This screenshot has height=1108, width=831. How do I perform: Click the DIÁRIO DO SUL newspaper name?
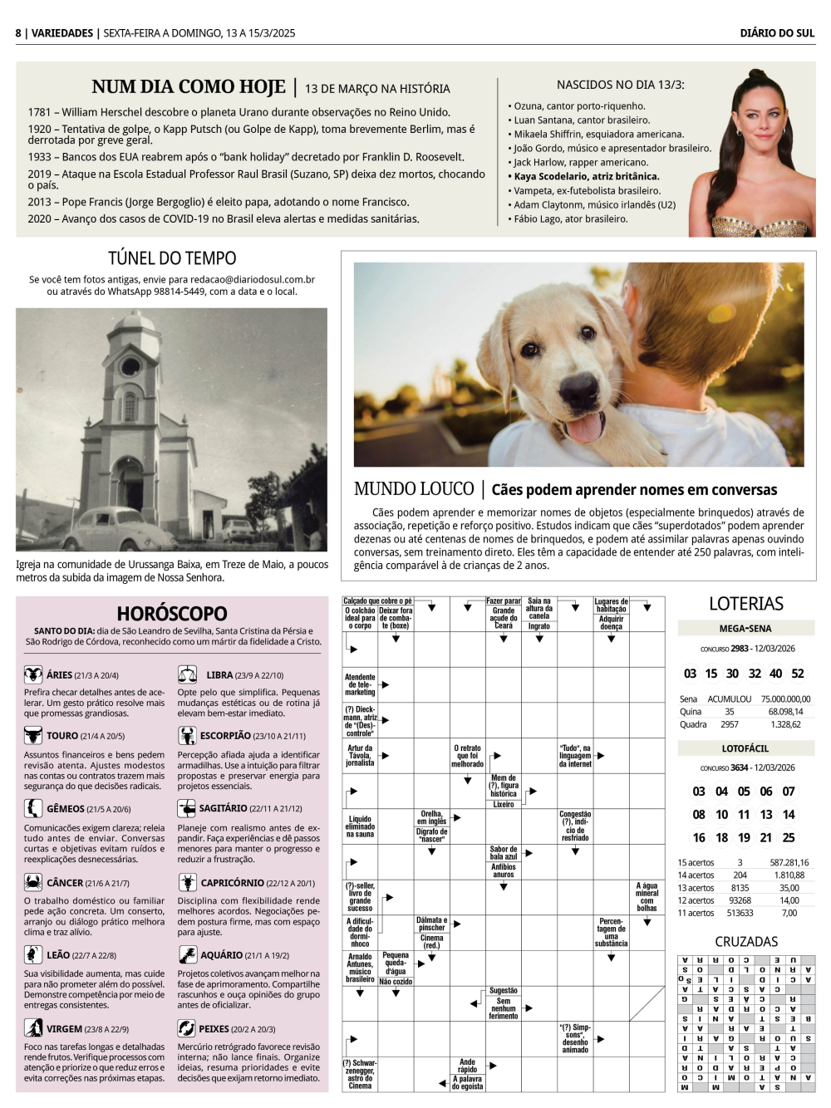[x=777, y=33]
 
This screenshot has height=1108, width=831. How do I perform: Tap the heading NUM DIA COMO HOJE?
[x=189, y=87]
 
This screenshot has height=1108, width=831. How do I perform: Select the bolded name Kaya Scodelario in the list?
[x=586, y=176]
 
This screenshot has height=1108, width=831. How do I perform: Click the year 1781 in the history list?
[x=39, y=112]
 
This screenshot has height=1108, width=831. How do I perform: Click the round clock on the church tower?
[x=130, y=366]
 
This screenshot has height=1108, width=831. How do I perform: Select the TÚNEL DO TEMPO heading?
[x=172, y=258]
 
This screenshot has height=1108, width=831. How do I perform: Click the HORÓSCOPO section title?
[x=172, y=614]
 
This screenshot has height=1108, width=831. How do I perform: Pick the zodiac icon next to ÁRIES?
[x=33, y=674]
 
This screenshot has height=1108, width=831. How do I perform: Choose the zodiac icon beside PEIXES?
[x=187, y=1028]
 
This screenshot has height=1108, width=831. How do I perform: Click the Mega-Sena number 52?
[x=798, y=674]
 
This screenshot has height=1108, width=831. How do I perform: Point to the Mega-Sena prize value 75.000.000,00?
[x=785, y=699]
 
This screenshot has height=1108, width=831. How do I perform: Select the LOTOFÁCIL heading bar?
[x=745, y=748]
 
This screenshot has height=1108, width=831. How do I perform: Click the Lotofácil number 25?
[x=789, y=838]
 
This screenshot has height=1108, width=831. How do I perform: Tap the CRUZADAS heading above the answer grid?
[x=746, y=942]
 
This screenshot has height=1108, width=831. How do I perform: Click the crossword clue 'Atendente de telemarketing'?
[x=360, y=684]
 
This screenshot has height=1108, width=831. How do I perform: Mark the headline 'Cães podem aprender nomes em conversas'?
[x=634, y=490]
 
